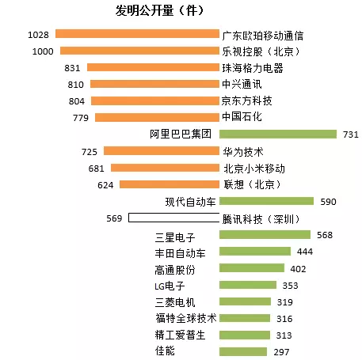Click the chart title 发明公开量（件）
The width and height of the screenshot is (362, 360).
(x=160, y=10)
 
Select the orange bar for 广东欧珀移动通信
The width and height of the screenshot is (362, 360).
(x=137, y=34)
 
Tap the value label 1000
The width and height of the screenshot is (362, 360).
(x=43, y=51)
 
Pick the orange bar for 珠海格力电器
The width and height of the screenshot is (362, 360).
(x=153, y=67)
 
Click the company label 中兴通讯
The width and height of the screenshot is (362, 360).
(x=242, y=84)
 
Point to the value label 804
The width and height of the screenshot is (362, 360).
(x=77, y=101)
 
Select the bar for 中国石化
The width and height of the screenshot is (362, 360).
(x=157, y=117)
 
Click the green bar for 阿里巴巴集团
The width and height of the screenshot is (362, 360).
(x=278, y=134)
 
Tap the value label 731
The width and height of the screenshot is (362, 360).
(x=351, y=135)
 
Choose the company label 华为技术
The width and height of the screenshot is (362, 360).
(x=243, y=152)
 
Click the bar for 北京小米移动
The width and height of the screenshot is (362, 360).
(x=165, y=168)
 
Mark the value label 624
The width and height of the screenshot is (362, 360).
(x=105, y=185)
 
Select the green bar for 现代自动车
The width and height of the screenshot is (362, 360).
(x=266, y=201)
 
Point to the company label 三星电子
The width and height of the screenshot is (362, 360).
(x=175, y=237)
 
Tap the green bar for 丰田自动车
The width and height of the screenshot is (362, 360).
(x=255, y=252)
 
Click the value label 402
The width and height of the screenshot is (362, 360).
(x=298, y=269)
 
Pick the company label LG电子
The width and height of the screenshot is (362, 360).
(x=170, y=286)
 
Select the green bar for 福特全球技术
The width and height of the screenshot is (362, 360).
(x=245, y=318)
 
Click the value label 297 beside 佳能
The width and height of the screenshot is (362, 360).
(x=281, y=352)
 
